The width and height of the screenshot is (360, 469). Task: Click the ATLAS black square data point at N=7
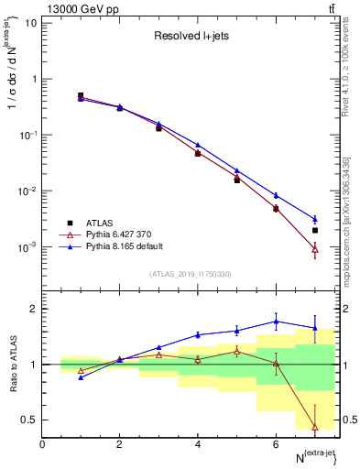[315, 231]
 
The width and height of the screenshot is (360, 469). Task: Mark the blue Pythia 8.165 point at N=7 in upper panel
[315, 220]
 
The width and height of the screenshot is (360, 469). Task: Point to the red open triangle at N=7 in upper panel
[315, 248]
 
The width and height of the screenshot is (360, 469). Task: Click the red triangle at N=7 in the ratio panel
[315, 427]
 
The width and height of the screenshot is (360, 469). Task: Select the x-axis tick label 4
[198, 444]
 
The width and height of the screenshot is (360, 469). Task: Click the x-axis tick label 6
[276, 444]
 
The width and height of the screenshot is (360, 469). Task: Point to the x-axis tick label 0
[42, 444]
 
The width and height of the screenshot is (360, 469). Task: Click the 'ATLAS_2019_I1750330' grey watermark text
[191, 274]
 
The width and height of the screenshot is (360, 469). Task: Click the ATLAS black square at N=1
[81, 95]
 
